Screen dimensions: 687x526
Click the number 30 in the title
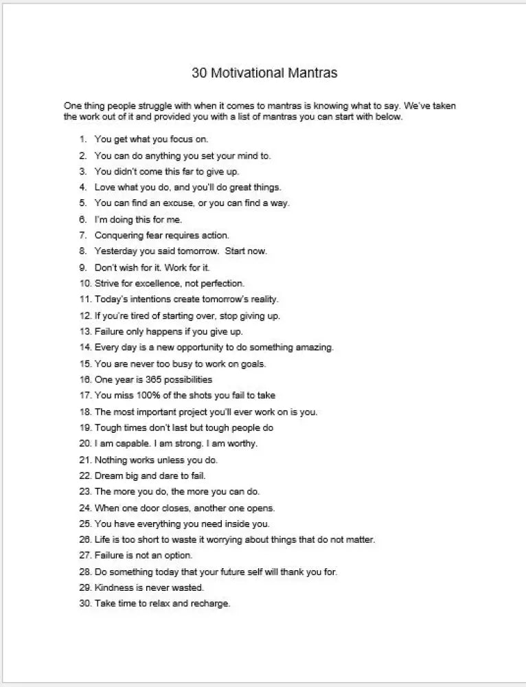198,73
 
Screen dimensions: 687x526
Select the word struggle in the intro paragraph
158,106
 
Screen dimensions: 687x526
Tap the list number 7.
82,235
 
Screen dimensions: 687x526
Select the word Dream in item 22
108,475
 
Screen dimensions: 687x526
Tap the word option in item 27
179,556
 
